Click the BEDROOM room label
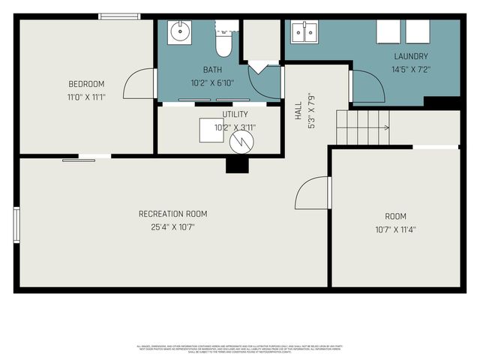tap(86, 83)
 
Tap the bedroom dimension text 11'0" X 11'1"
tap(86, 97)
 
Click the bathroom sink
tap(180, 32)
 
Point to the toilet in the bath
tap(223, 43)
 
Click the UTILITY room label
tap(235, 114)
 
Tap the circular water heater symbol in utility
tap(241, 142)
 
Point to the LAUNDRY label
tap(411, 56)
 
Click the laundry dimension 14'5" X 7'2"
tap(411, 69)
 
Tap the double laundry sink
tap(304, 31)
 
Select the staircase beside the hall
tap(363, 127)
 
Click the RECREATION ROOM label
tap(172, 214)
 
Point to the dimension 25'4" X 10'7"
tap(172, 227)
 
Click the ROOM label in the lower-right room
tap(396, 215)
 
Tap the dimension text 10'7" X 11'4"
tap(396, 229)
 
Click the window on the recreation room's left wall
tap(16, 225)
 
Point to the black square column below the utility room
tap(237, 165)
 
